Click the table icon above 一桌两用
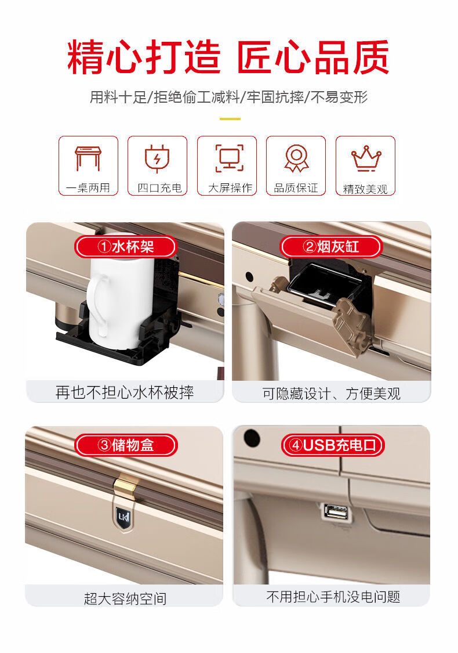(x=88, y=158)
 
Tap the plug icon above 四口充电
(x=157, y=159)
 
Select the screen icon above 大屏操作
(x=229, y=158)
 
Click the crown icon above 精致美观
(x=366, y=158)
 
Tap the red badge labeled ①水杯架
(x=126, y=247)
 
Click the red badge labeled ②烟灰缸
(x=331, y=247)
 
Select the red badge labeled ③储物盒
(x=126, y=445)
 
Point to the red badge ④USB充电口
(x=333, y=445)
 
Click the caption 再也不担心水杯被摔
(x=125, y=392)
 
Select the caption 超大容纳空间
(x=125, y=598)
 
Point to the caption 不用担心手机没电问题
(x=333, y=596)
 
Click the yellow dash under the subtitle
(x=230, y=118)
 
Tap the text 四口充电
(x=160, y=188)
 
